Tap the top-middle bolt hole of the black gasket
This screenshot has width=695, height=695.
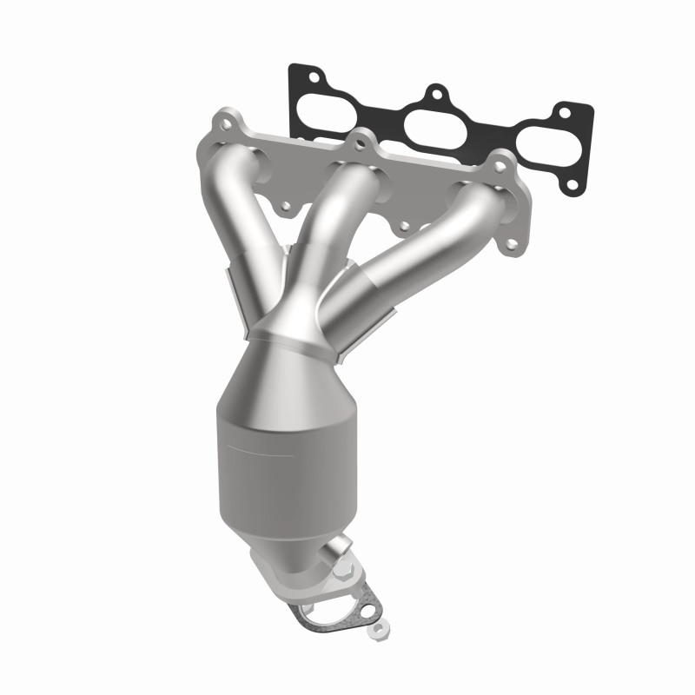436,91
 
